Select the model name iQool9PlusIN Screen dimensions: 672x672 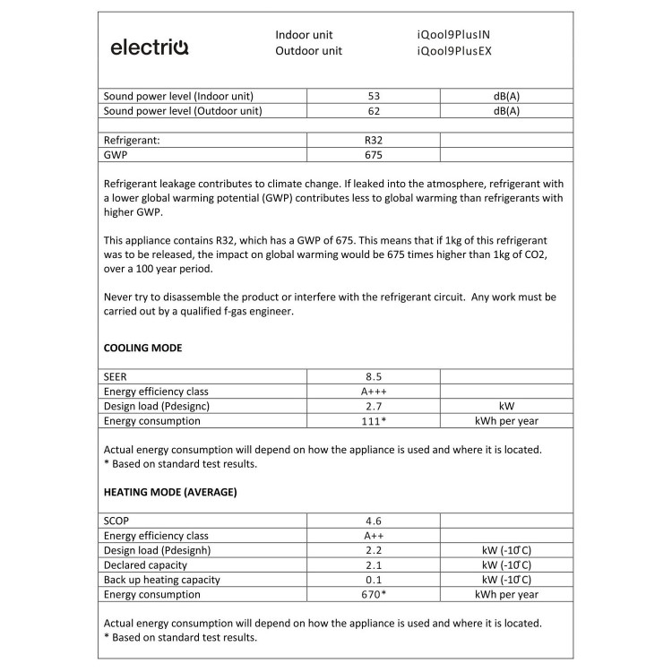pos(453,35)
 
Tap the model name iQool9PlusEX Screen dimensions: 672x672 pos(454,51)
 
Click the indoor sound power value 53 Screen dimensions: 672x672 pos(374,96)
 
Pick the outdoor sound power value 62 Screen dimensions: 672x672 pos(374,111)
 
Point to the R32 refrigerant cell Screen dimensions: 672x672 pos(374,141)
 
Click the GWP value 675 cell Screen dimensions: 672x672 pos(374,155)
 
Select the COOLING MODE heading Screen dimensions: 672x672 pos(143,348)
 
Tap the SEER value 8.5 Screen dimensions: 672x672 pos(374,377)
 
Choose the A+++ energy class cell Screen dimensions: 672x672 pos(374,392)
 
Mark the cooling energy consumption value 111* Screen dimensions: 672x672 pos(374,420)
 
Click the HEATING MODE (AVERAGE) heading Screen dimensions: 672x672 pos(170,492)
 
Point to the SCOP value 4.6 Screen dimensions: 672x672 pos(374,521)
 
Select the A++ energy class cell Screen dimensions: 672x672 pos(374,536)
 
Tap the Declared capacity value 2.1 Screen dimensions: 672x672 pos(374,565)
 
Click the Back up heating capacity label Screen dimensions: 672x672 pos(162,580)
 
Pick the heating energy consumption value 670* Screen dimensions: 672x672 pos(374,594)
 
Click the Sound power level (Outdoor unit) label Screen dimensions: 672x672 pos(183,111)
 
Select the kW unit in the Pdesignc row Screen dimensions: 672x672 pos(506,406)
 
